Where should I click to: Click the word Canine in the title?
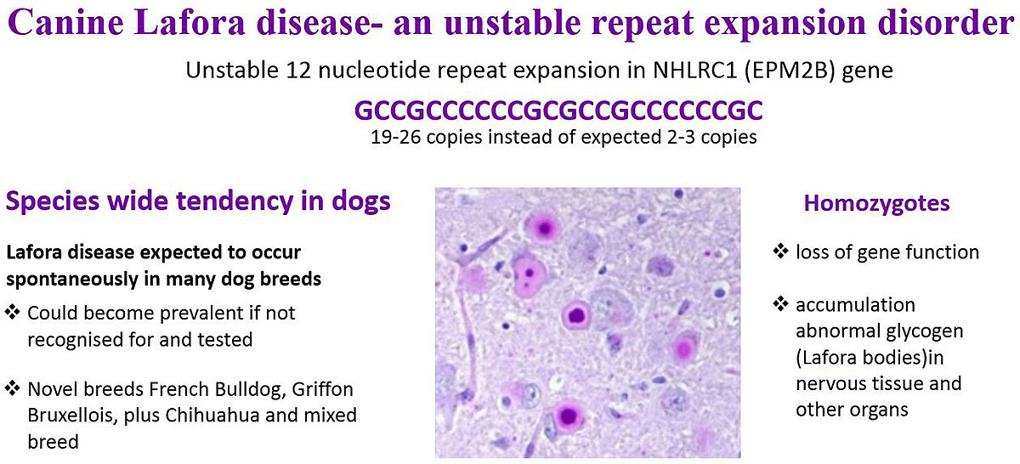[66, 22]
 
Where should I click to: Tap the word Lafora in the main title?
[190, 22]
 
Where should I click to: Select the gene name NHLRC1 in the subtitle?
[695, 71]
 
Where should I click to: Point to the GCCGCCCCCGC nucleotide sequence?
[558, 110]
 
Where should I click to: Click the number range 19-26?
[396, 137]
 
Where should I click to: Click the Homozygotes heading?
[876, 203]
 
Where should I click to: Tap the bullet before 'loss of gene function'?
[780, 251]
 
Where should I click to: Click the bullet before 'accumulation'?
[780, 303]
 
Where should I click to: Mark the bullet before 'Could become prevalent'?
[12, 312]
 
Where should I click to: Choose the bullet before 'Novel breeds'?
[12, 388]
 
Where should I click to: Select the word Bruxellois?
[71, 415]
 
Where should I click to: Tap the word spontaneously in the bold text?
[72, 279]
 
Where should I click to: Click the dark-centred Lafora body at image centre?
[576, 314]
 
